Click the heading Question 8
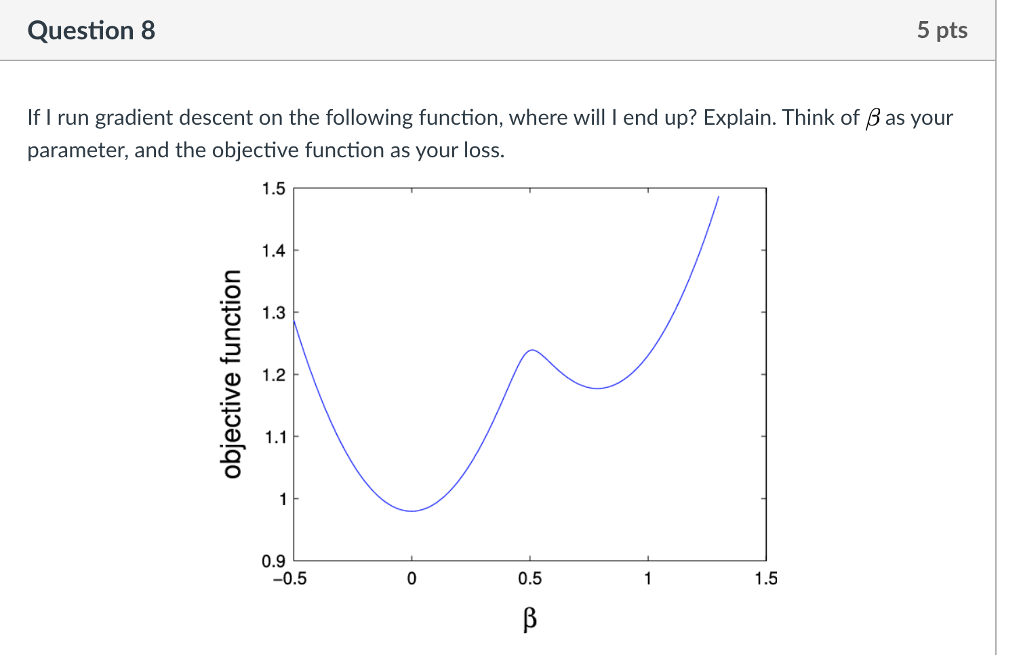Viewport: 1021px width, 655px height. pyautogui.click(x=91, y=31)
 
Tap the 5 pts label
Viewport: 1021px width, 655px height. pyautogui.click(x=942, y=30)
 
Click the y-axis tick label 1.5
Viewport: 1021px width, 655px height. pyautogui.click(x=273, y=188)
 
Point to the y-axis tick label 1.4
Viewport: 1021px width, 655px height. pyautogui.click(x=273, y=251)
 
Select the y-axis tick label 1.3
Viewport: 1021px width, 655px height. pyautogui.click(x=273, y=313)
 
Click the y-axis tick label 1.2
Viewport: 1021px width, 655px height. pyautogui.click(x=273, y=375)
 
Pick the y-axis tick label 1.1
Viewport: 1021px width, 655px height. pyautogui.click(x=275, y=437)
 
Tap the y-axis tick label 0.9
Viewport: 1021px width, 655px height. pyautogui.click(x=273, y=561)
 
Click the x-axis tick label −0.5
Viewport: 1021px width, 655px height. pyautogui.click(x=290, y=579)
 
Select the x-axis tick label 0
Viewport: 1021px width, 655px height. pyautogui.click(x=412, y=579)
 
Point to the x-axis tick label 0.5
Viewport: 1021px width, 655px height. pyautogui.click(x=529, y=579)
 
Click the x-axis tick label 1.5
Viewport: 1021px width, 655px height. pyautogui.click(x=766, y=579)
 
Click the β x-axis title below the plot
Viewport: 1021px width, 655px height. pyautogui.click(x=529, y=619)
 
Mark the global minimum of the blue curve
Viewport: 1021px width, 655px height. pyautogui.click(x=412, y=511)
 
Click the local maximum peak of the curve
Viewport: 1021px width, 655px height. pyautogui.click(x=532, y=350)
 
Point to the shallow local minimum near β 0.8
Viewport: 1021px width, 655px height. pyautogui.click(x=597, y=389)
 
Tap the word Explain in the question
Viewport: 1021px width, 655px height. pyautogui.click(x=740, y=118)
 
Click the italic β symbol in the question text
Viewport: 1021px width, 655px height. pyautogui.click(x=873, y=119)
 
